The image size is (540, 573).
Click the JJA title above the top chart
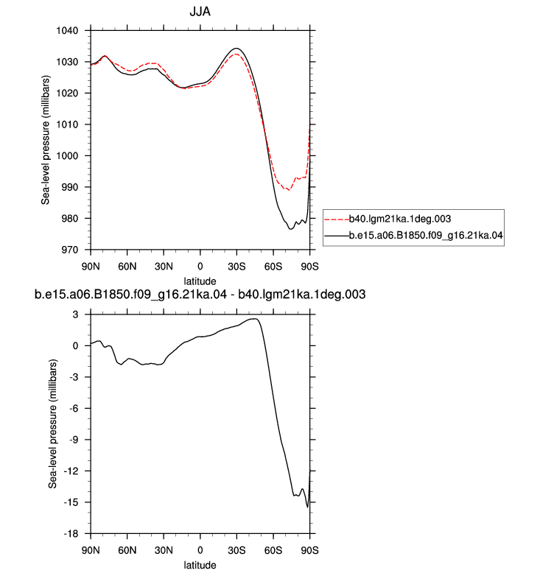(200, 12)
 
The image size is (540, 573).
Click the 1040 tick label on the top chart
(67, 31)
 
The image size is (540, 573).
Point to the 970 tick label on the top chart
(70, 250)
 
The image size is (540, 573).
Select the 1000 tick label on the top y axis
(67, 156)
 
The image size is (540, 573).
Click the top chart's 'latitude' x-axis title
(200, 281)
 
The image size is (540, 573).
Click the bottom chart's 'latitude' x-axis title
(200, 565)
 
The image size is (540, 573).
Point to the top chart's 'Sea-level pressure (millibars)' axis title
(46, 140)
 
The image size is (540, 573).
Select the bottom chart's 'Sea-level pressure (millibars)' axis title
(52, 424)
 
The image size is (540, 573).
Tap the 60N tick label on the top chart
(127, 267)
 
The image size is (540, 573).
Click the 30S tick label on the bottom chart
(236, 550)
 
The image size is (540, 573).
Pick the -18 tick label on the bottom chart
(71, 534)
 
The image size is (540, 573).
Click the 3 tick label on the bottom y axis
(75, 314)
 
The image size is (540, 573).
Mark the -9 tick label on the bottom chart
(74, 440)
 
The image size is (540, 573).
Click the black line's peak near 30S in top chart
(236, 48)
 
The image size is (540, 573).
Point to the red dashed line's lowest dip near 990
(289, 190)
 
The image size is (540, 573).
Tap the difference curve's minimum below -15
(307, 507)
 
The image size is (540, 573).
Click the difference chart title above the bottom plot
(200, 295)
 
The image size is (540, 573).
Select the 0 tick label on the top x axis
(200, 267)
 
